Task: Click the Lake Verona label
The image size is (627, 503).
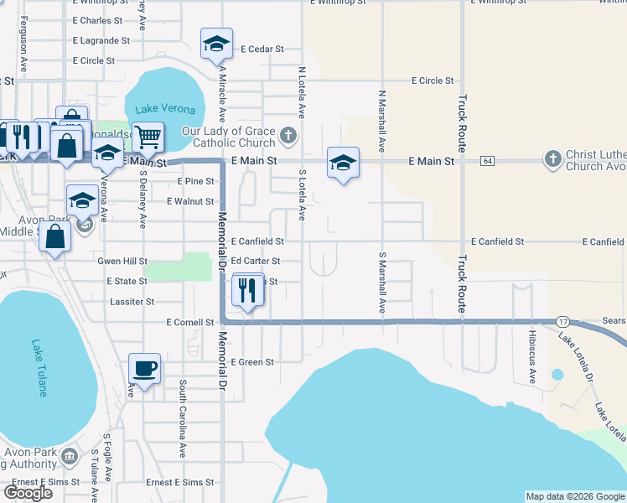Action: (x=165, y=110)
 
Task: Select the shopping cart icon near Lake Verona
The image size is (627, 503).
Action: (x=148, y=137)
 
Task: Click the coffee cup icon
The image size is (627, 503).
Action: (x=144, y=368)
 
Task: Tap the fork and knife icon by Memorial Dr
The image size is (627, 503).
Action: (x=246, y=291)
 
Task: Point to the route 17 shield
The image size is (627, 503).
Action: (x=562, y=322)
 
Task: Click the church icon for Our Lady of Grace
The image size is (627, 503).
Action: (x=288, y=135)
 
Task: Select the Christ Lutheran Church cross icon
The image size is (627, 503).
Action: (x=552, y=159)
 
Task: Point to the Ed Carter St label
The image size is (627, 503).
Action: (x=261, y=261)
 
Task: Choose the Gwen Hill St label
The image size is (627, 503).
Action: (x=122, y=261)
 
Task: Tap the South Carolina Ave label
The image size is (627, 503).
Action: (x=182, y=419)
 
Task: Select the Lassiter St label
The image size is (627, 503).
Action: (x=133, y=301)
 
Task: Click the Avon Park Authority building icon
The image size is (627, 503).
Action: (x=70, y=457)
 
